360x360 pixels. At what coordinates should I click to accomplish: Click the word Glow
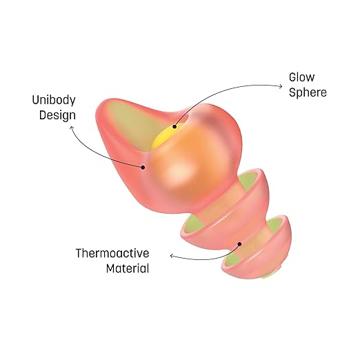click(301, 77)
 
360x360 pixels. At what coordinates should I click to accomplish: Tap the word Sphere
click(308, 92)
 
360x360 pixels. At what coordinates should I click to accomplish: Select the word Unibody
click(54, 101)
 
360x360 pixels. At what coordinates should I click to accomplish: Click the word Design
click(57, 115)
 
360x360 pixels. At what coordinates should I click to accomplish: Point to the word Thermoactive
click(112, 253)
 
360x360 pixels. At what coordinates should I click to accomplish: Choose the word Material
click(128, 268)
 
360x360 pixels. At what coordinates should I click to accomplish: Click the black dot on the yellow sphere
click(174, 126)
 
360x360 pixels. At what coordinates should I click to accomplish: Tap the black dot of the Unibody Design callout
click(143, 168)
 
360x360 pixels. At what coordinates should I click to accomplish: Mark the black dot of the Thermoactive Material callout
click(239, 244)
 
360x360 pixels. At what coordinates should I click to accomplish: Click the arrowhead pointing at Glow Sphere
click(281, 86)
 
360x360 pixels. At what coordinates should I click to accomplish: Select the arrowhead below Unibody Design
click(72, 128)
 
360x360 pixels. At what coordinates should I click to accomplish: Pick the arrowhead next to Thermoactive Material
click(172, 255)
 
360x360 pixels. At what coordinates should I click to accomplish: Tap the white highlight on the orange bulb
click(178, 171)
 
